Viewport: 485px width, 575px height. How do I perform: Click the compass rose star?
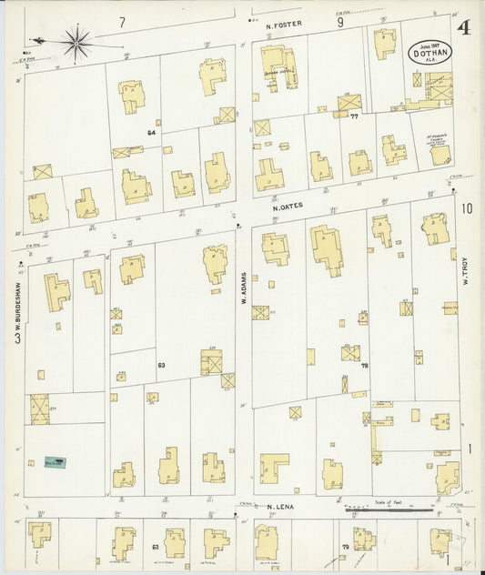[76, 38]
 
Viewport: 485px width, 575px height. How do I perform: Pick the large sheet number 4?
[463, 27]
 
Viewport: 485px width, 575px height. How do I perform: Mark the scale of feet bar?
[394, 510]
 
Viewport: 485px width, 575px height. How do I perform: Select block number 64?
[151, 133]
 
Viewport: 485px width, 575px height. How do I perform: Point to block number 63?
[160, 365]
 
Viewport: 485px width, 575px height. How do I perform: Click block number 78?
[363, 365]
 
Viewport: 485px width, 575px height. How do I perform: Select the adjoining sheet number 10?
[467, 208]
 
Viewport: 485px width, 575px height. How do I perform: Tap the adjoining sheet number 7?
[121, 20]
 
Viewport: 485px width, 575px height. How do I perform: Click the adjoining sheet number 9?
[339, 23]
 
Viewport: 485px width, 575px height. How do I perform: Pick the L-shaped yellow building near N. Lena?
[272, 467]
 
